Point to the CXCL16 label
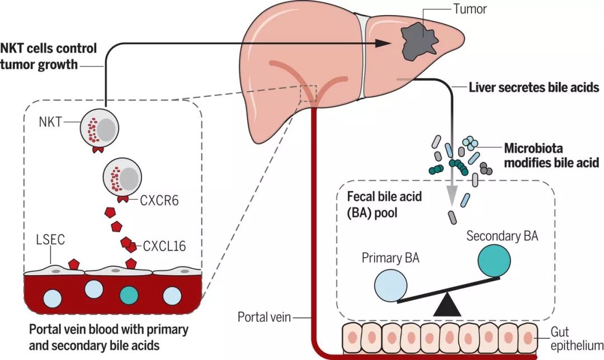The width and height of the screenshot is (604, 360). [x=165, y=245]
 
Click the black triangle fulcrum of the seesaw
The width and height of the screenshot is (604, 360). [x=446, y=304]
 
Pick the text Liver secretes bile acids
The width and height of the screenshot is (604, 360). [x=534, y=87]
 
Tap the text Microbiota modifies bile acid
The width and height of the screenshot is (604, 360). [x=551, y=155]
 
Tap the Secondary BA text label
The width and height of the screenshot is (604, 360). [x=502, y=236]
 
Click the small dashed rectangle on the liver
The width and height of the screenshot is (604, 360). [x=308, y=94]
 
